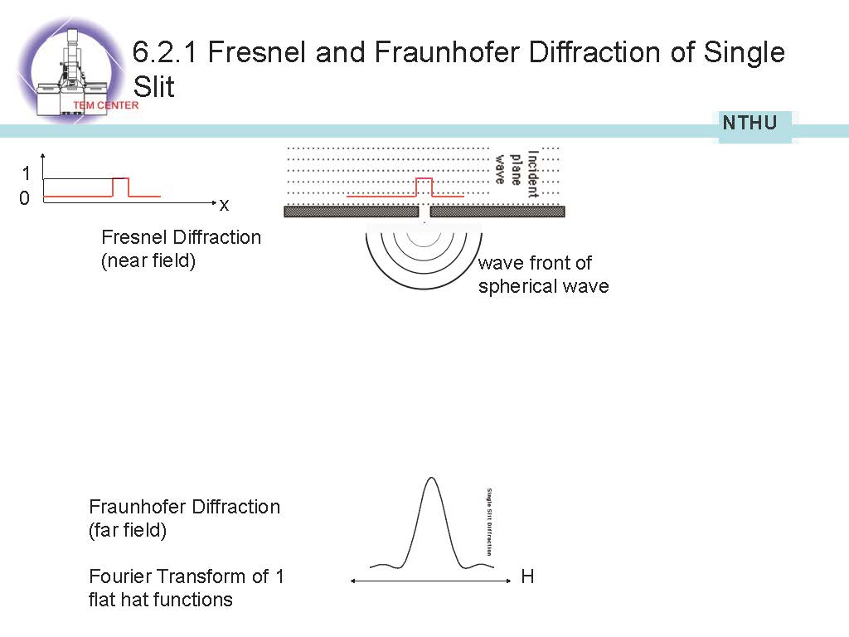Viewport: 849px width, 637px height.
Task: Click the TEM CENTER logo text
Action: pos(106,105)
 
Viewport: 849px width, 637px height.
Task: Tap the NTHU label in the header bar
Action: pos(750,124)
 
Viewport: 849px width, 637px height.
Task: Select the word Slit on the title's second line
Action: pos(154,86)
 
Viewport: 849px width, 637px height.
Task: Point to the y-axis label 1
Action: pos(26,173)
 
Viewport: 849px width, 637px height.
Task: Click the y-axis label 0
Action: pos(25,199)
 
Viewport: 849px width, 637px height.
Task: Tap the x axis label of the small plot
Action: pos(224,204)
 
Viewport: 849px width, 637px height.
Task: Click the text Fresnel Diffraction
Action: pos(181,237)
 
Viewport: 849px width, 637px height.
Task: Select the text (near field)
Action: pos(148,263)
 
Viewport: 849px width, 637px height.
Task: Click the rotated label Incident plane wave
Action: pos(517,173)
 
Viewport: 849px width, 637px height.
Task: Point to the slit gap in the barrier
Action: pos(424,212)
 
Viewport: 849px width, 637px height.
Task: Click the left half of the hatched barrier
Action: pos(351,212)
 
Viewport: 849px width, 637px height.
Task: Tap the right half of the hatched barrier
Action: pos(497,212)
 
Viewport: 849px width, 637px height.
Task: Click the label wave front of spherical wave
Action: pos(543,275)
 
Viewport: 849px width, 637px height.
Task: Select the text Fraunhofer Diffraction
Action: pos(184,507)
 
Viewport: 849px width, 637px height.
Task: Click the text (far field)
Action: pos(128,530)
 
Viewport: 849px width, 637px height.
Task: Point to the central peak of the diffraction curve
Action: pos(430,481)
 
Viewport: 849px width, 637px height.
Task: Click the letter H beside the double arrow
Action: pos(527,576)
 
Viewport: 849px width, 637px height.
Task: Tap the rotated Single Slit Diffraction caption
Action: pos(490,521)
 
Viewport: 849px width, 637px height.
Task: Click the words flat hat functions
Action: pos(160,600)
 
